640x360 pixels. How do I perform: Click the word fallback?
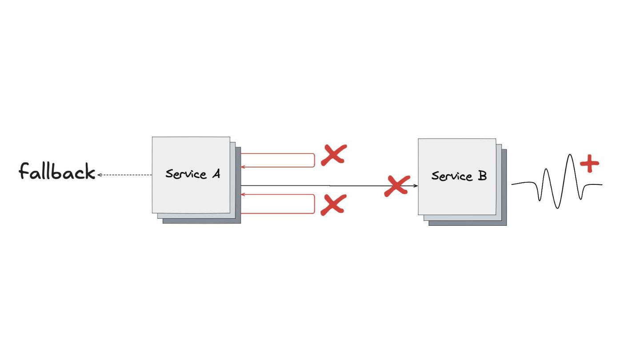[x=57, y=172]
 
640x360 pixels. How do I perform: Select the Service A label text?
[x=192, y=174]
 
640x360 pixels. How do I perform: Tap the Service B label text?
[x=459, y=176]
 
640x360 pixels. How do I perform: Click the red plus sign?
[x=590, y=164]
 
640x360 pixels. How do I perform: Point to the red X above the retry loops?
[x=333, y=155]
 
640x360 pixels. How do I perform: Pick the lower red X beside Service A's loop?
[x=333, y=205]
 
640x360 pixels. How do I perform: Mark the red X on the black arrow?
[x=396, y=185]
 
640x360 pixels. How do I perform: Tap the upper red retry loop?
[x=315, y=160]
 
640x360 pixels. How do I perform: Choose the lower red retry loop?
[x=315, y=204]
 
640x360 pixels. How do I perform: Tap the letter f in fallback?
[x=24, y=171]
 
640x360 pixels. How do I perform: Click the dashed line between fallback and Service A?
[x=127, y=175]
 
